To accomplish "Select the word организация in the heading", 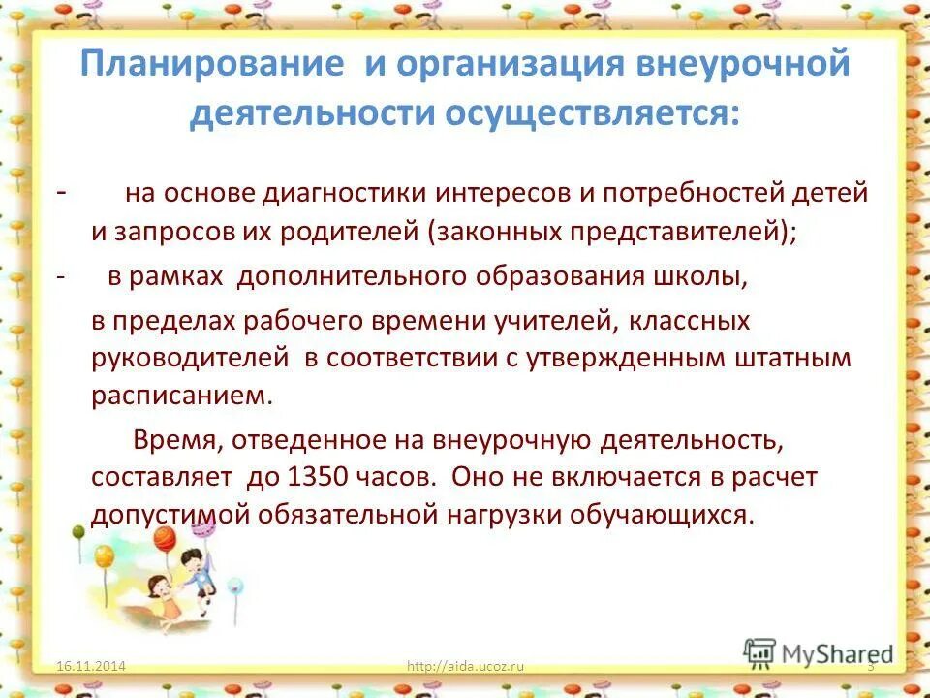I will (x=505, y=66).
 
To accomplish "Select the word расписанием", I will (x=176, y=396).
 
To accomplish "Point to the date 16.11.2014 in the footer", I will (x=92, y=666).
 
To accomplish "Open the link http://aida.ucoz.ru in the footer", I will (x=465, y=666).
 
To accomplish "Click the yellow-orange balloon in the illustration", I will (x=105, y=555).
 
